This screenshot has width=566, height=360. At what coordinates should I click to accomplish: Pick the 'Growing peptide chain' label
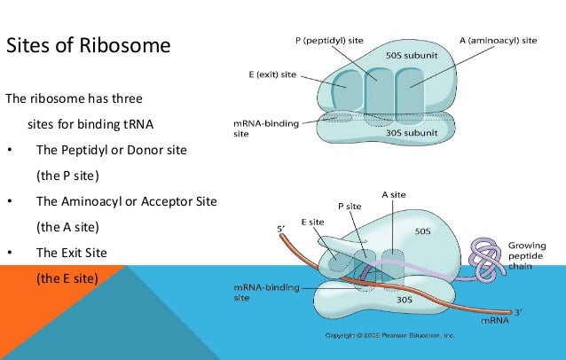(527, 254)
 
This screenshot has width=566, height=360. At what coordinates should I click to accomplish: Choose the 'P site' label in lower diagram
(350, 206)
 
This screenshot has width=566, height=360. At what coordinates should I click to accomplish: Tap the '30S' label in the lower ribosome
(404, 300)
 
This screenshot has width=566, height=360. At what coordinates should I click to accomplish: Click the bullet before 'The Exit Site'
(9, 252)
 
